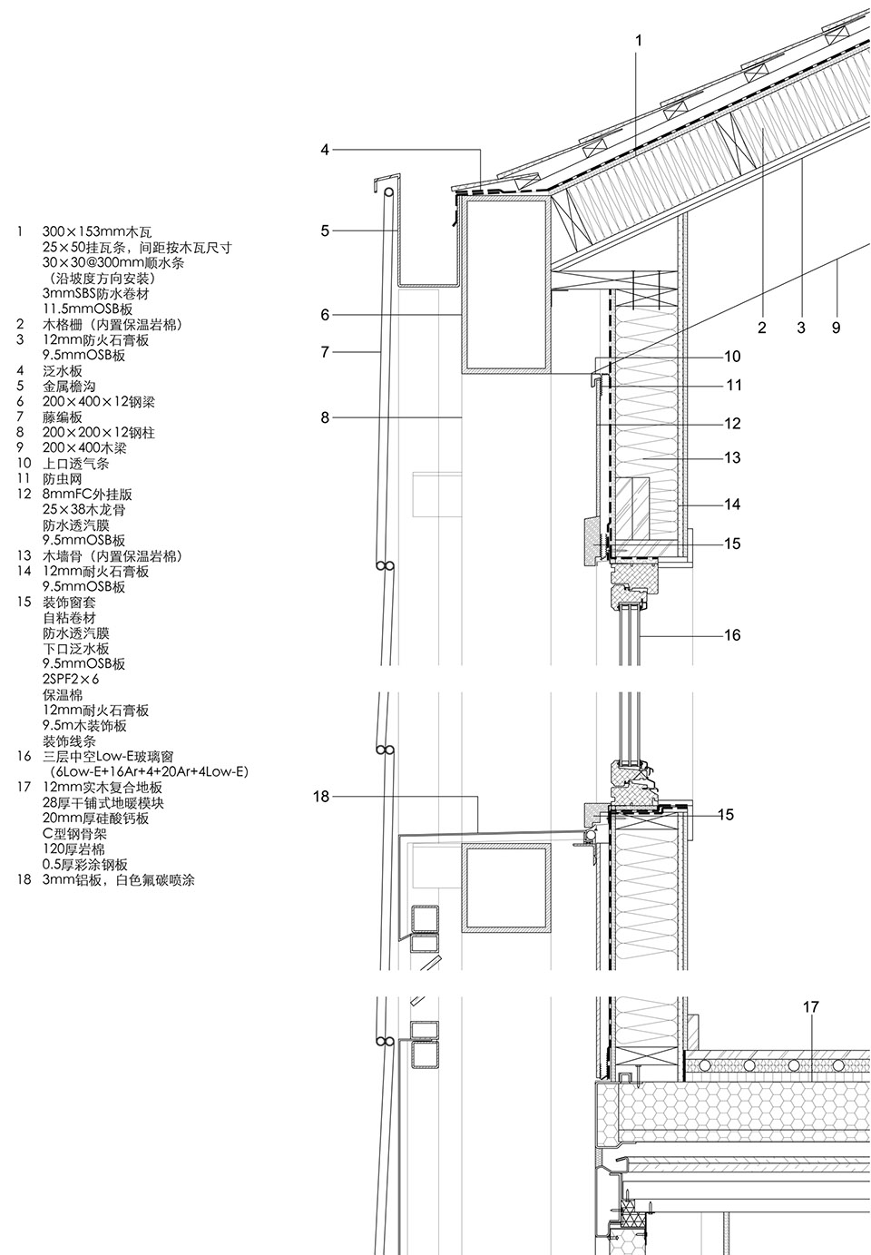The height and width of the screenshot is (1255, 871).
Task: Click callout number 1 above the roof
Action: point(639,40)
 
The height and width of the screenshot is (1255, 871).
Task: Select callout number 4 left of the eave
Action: point(325,150)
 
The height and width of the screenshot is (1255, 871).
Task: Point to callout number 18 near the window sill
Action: point(320,797)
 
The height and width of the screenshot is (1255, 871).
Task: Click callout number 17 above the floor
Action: point(810,1007)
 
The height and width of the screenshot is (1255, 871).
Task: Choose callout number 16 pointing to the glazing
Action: point(731,635)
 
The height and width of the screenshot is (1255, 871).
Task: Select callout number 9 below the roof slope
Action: point(836,328)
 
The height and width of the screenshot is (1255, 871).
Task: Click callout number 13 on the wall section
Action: point(732,457)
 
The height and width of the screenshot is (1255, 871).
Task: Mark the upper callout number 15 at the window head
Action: point(732,544)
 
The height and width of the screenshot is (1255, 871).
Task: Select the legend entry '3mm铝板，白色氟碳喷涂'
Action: point(119,880)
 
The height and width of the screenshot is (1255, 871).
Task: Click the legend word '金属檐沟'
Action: point(63,386)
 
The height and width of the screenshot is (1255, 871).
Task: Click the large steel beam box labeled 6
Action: point(505,285)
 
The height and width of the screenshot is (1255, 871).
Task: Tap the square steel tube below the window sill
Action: point(506,887)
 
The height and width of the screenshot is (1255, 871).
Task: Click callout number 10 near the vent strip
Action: point(731,357)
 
